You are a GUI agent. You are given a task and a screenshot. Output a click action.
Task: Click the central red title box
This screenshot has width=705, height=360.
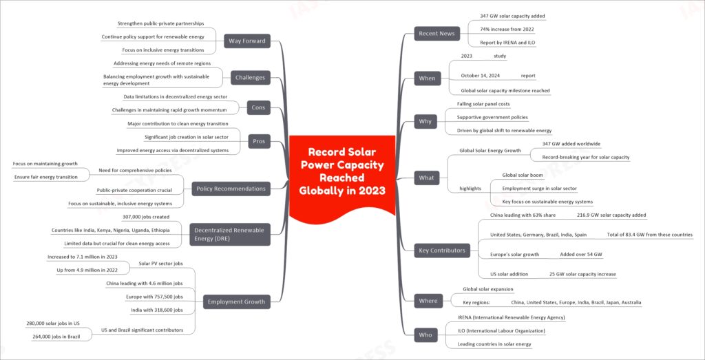click(x=342, y=178)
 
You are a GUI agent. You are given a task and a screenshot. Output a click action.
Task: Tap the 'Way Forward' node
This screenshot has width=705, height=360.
click(x=248, y=41)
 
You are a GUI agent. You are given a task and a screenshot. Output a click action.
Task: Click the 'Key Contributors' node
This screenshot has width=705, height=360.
click(x=442, y=251)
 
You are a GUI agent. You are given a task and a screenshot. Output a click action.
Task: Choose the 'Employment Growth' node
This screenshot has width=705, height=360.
click(x=237, y=301)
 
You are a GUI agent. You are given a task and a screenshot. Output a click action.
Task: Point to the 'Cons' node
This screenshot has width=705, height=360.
click(x=258, y=107)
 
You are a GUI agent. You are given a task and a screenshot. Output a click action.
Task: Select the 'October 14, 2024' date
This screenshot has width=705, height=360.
click(x=481, y=76)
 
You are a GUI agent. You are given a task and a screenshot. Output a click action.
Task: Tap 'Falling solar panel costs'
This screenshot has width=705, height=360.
click(x=483, y=104)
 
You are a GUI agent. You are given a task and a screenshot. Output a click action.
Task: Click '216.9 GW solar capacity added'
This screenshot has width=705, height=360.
click(x=611, y=215)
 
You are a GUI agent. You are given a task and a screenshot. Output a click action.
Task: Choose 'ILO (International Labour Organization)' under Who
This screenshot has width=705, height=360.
click(x=501, y=331)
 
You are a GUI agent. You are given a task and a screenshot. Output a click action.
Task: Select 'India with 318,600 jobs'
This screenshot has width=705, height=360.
click(x=157, y=310)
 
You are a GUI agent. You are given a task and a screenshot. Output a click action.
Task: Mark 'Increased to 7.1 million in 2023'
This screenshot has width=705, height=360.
click(x=83, y=257)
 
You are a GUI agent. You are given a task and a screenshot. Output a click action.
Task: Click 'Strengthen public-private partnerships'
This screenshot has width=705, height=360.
click(x=160, y=23)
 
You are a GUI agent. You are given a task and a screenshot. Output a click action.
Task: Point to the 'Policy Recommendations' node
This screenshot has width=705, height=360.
click(x=231, y=189)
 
